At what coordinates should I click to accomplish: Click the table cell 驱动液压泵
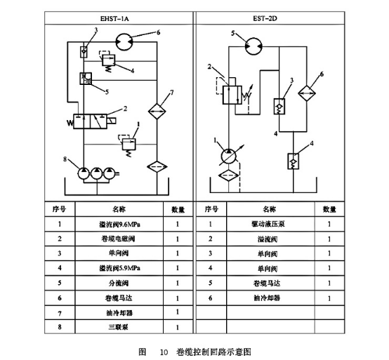[x=270, y=225]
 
